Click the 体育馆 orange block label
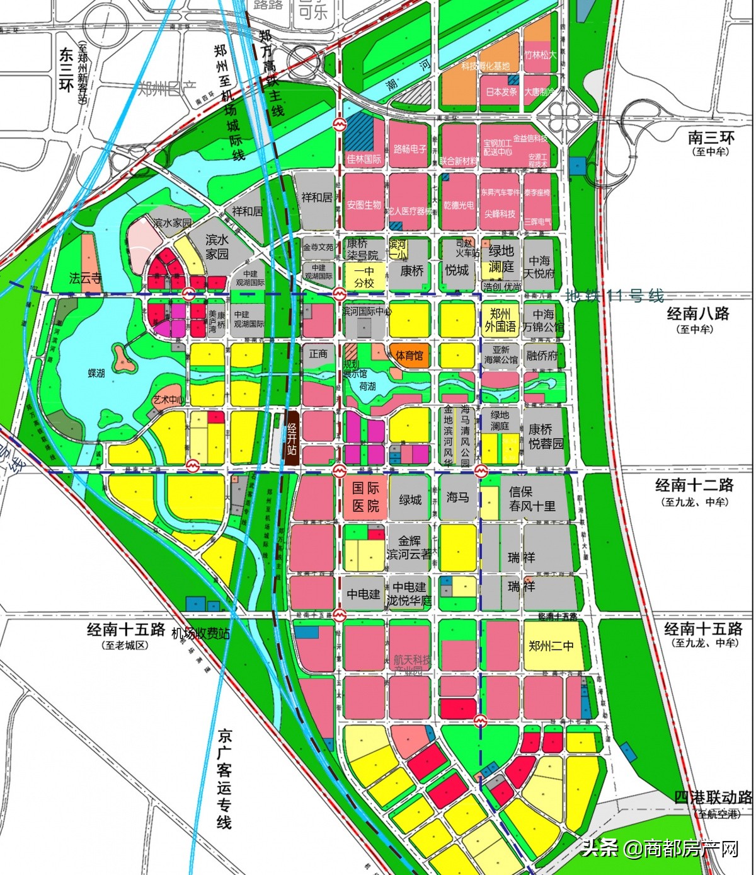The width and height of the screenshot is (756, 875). click(x=409, y=356)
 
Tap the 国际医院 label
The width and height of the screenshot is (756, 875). click(x=365, y=497)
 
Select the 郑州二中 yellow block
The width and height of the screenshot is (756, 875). click(x=551, y=646)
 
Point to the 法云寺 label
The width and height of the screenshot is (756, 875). click(x=86, y=277)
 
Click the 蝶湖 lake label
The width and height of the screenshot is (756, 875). click(x=96, y=373)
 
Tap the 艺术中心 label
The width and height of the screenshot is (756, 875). click(x=168, y=400)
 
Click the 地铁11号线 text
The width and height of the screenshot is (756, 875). click(x=614, y=295)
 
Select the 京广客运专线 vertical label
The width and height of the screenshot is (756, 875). click(x=224, y=779)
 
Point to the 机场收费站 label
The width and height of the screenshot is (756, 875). click(x=200, y=633)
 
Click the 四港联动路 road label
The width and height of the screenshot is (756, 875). click(x=713, y=797)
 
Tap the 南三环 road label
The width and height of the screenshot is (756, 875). click(x=711, y=137)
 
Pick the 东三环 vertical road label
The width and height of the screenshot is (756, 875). click(x=66, y=69)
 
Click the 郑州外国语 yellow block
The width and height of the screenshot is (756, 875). click(x=500, y=320)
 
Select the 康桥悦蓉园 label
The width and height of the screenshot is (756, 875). click(x=546, y=436)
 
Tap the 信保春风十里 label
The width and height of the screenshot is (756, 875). click(x=532, y=499)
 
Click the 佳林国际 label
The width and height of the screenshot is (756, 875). click(x=364, y=159)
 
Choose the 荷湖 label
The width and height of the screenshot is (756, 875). click(x=367, y=386)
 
